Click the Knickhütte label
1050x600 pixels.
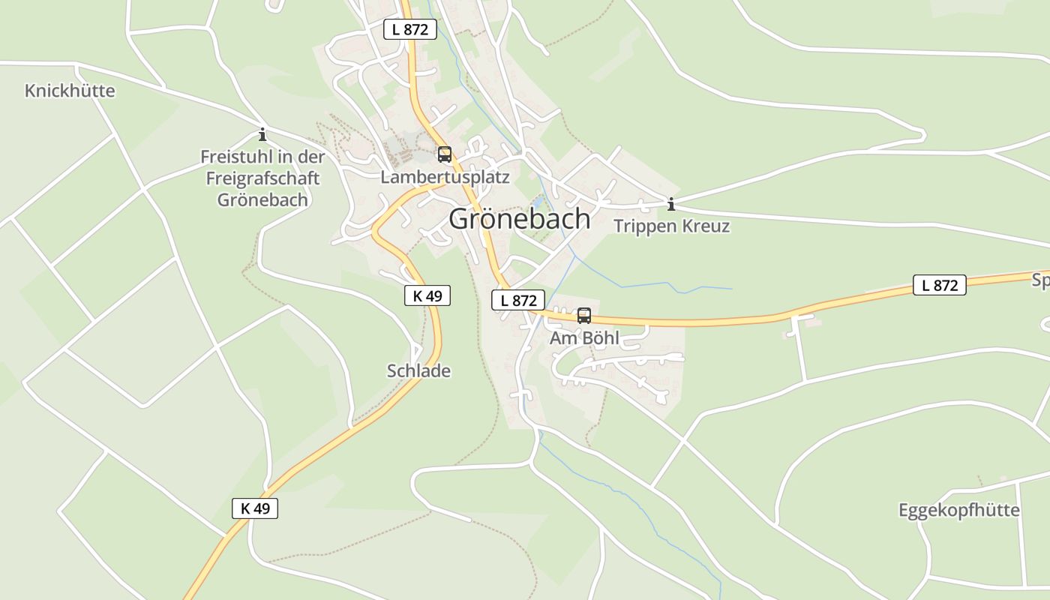click(70, 91)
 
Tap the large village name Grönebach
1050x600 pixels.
click(520, 219)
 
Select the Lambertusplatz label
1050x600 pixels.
click(445, 178)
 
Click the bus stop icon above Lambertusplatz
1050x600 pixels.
click(445, 154)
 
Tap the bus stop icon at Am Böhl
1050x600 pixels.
click(584, 316)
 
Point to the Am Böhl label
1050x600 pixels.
click(584, 338)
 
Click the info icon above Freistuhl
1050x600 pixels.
click(262, 135)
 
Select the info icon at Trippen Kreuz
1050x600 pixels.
click(671, 204)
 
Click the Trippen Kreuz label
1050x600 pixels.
click(671, 226)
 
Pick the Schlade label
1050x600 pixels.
click(418, 370)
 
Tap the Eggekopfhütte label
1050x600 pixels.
click(958, 511)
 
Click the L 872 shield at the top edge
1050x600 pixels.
click(410, 29)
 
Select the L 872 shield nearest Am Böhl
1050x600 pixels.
click(517, 300)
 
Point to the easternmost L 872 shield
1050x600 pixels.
click(939, 285)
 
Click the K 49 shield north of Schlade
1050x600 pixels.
click(427, 295)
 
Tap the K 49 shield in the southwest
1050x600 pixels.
click(255, 508)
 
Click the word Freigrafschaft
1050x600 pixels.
click(262, 178)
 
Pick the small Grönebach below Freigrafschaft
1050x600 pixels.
click(262, 200)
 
